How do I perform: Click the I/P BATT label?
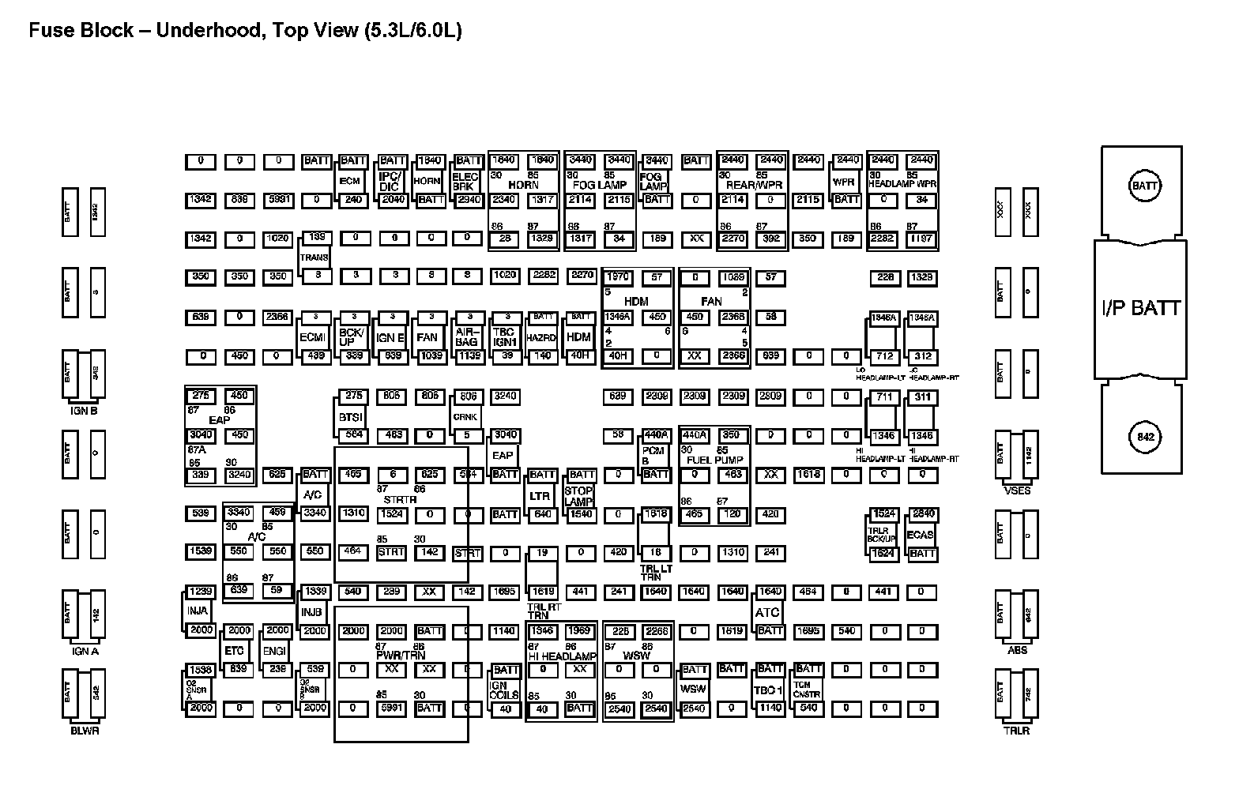click(x=1141, y=308)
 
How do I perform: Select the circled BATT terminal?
click(x=1144, y=186)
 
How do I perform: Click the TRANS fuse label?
click(x=314, y=257)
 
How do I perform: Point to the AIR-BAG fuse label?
click(x=467, y=337)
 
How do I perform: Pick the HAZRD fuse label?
click(x=541, y=337)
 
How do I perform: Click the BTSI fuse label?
click(x=351, y=416)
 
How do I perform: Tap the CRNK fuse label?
click(x=466, y=416)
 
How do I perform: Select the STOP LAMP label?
click(x=579, y=496)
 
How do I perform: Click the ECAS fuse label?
click(x=921, y=535)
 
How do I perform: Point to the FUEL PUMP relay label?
click(x=714, y=460)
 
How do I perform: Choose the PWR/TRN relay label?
click(x=401, y=655)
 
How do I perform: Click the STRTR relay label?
click(x=400, y=499)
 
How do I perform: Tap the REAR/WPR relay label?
click(x=754, y=185)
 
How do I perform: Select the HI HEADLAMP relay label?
click(x=562, y=656)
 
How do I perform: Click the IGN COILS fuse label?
click(x=504, y=690)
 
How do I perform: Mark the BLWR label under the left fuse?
click(x=85, y=731)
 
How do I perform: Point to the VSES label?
click(x=1017, y=490)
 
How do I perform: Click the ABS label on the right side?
click(x=1017, y=650)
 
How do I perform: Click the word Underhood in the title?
click(x=208, y=31)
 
